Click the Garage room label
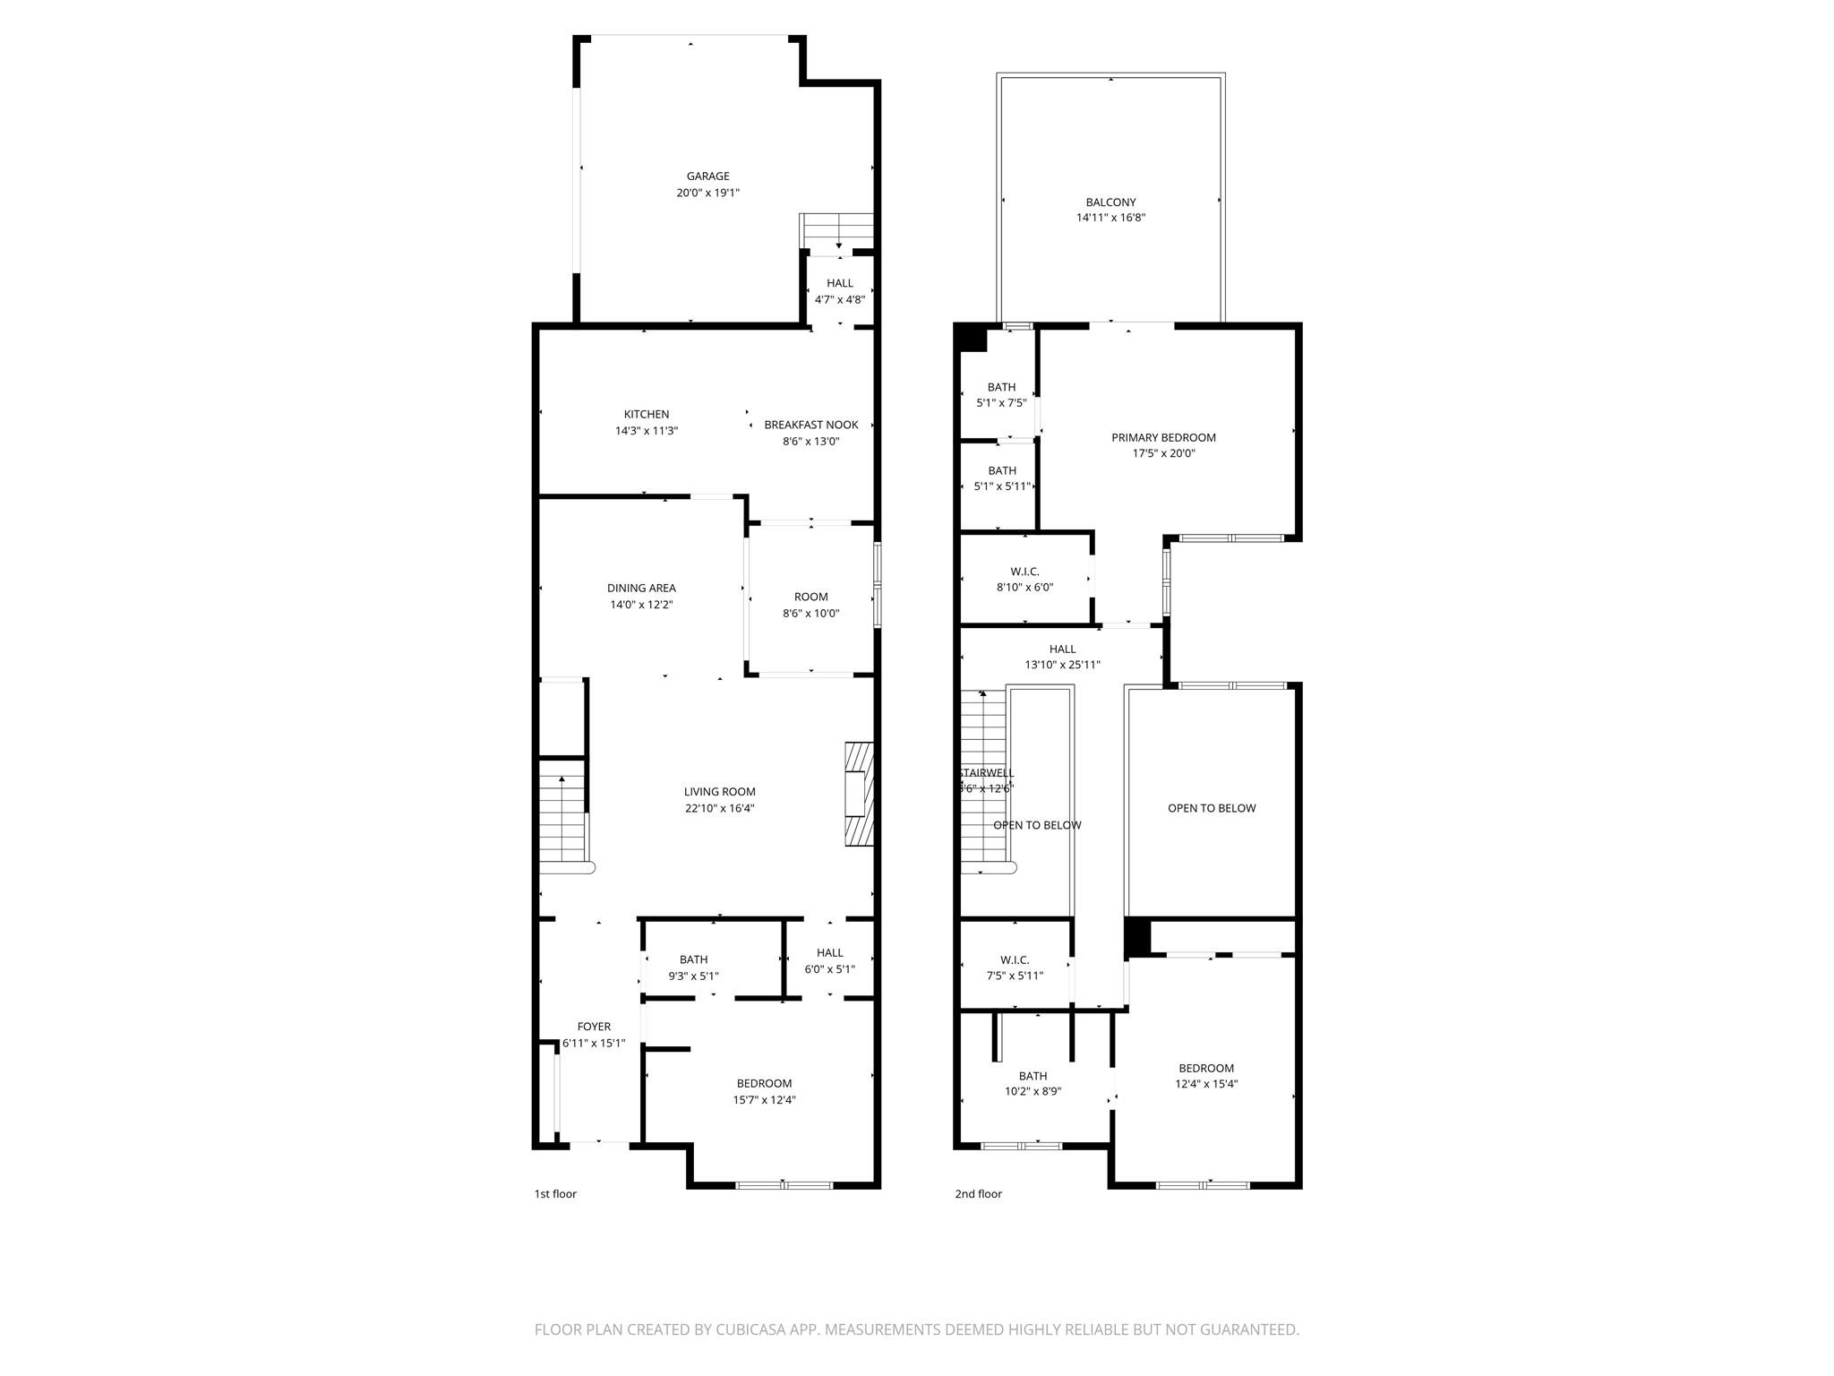707,176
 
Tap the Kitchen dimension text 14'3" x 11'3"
646,431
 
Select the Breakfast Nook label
810,425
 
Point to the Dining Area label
641,589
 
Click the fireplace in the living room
859,794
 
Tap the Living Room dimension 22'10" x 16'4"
719,808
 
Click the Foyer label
594,1027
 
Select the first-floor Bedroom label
764,1083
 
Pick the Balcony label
1110,202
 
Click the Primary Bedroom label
1163,438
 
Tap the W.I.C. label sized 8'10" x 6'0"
1024,572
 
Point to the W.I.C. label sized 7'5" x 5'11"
1015,960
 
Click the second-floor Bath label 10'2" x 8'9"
1033,1076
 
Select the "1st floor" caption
555,1194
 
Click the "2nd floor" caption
978,1194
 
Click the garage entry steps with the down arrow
836,232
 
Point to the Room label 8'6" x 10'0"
810,598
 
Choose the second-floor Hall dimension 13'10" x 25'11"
1062,665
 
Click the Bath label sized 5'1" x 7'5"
1001,388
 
